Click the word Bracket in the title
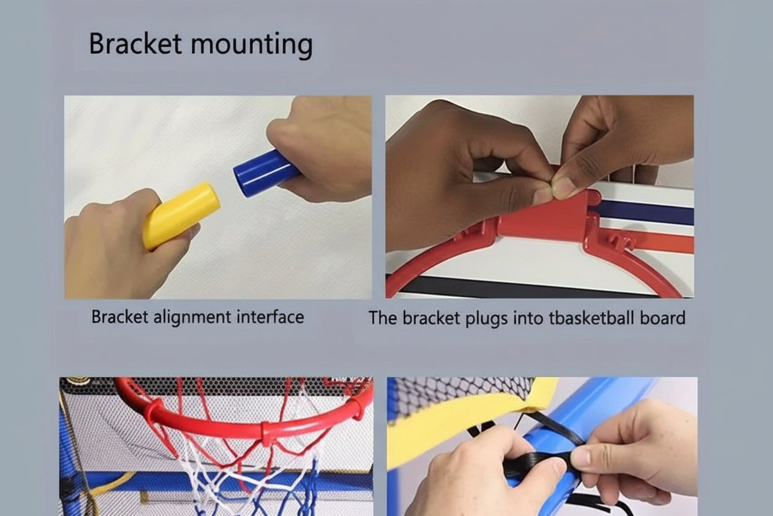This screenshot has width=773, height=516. [135, 45]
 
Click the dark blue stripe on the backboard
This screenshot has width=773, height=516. [647, 213]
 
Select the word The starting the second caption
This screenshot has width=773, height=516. [382, 318]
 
